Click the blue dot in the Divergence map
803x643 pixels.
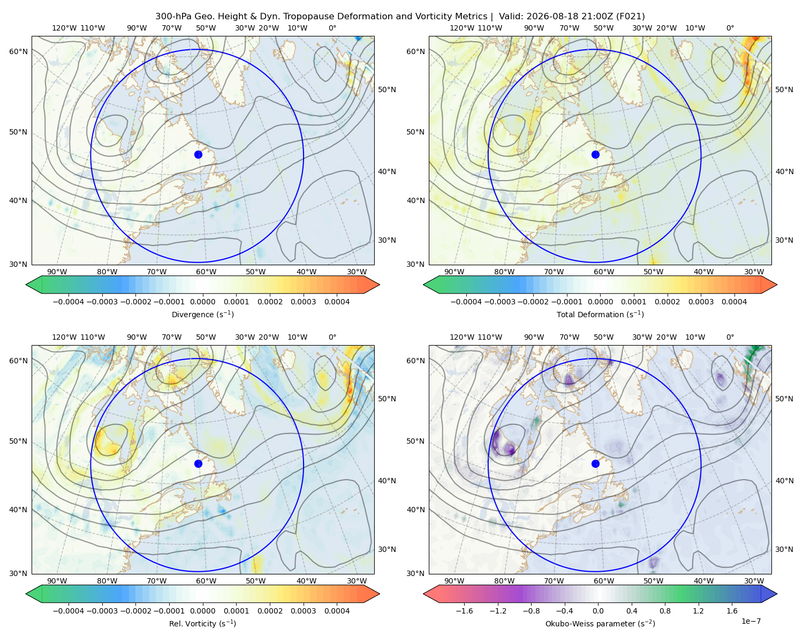click(x=198, y=154)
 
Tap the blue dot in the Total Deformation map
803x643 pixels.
click(x=595, y=154)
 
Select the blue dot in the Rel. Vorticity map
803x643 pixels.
click(x=198, y=463)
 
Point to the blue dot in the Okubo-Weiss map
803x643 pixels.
click(x=595, y=463)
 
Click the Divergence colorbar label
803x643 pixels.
click(x=202, y=314)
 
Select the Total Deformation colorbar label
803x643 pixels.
click(x=600, y=314)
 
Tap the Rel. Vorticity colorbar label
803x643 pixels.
click(x=202, y=623)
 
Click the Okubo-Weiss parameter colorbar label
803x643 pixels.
click(x=600, y=623)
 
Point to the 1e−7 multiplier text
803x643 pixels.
click(x=751, y=621)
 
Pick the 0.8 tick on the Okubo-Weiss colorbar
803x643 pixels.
click(x=665, y=610)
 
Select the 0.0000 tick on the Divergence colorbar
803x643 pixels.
click(x=202, y=302)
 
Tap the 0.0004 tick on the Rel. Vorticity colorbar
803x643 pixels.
click(x=337, y=610)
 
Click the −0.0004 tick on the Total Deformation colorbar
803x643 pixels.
click(x=466, y=302)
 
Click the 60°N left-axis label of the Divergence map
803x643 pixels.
click(x=18, y=51)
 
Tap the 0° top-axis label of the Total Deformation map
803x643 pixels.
click(x=730, y=28)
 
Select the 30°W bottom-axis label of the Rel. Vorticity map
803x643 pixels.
click(x=357, y=581)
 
